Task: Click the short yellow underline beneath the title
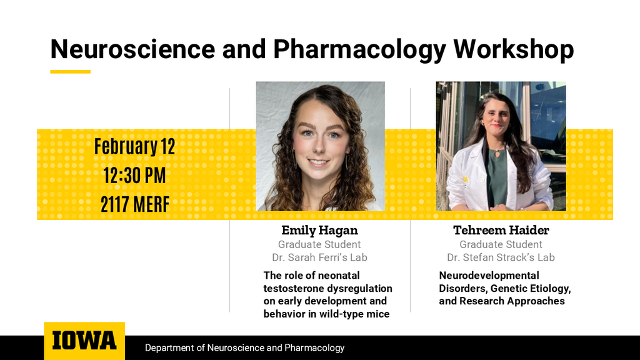70,71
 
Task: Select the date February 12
134,146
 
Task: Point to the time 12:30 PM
134,176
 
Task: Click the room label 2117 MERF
134,204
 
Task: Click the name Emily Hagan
319,231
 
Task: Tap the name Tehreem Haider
501,231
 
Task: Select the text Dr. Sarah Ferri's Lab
319,257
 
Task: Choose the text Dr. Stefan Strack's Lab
501,257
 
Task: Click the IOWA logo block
84,341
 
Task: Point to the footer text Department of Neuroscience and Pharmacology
244,347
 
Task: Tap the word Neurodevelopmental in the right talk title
489,275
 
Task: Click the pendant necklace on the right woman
498,152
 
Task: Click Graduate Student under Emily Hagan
319,244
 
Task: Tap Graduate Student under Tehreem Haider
501,244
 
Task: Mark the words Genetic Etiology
530,288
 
